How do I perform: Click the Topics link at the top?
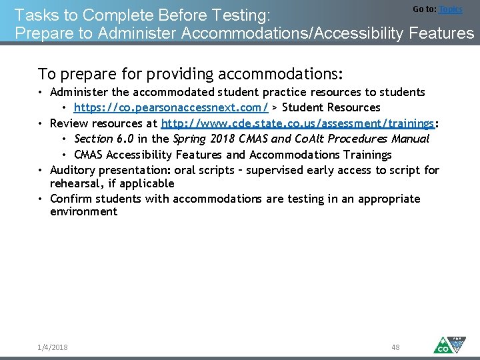[450, 9]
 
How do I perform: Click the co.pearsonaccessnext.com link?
[171, 107]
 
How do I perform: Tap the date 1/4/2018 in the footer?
[53, 347]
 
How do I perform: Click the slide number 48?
[395, 347]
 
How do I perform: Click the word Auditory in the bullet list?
[72, 170]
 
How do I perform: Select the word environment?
[83, 212]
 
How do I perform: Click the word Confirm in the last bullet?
[71, 199]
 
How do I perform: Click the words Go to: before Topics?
[425, 9]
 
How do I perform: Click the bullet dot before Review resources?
[41, 123]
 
